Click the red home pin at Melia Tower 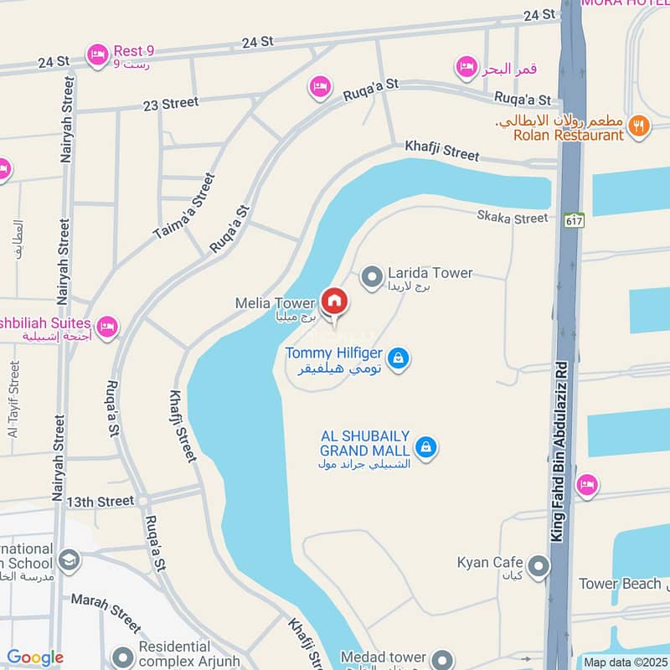pos(333,301)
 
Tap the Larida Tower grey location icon pos(371,276)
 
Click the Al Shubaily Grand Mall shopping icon pos(426,446)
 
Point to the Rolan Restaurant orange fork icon pos(638,126)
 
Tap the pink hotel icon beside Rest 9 pos(97,55)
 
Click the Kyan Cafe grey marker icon pos(539,567)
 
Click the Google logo pos(35,658)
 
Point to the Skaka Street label pos(513,218)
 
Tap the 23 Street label pos(171,103)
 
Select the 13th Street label pos(100,502)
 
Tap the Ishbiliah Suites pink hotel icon pos(106,326)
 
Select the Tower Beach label pos(620,584)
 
